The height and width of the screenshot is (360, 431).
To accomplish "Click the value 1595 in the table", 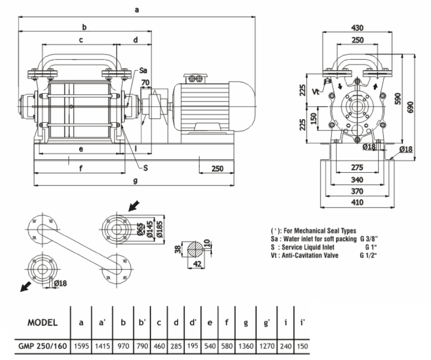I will [81, 345].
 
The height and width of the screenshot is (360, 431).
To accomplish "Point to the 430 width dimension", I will [357, 28].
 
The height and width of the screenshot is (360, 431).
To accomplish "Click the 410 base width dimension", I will [357, 202].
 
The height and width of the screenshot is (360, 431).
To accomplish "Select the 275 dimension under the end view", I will [357, 168].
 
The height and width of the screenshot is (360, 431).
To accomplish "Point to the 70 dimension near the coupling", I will [145, 82].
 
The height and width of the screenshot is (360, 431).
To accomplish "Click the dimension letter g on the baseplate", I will [135, 181].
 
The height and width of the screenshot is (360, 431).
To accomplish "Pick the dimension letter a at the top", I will [136, 9].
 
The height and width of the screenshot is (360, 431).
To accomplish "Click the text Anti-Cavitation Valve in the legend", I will [309, 255].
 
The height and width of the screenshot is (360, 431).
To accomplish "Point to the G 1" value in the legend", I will [370, 247].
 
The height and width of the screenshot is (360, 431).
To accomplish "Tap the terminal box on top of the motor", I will [196, 78].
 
